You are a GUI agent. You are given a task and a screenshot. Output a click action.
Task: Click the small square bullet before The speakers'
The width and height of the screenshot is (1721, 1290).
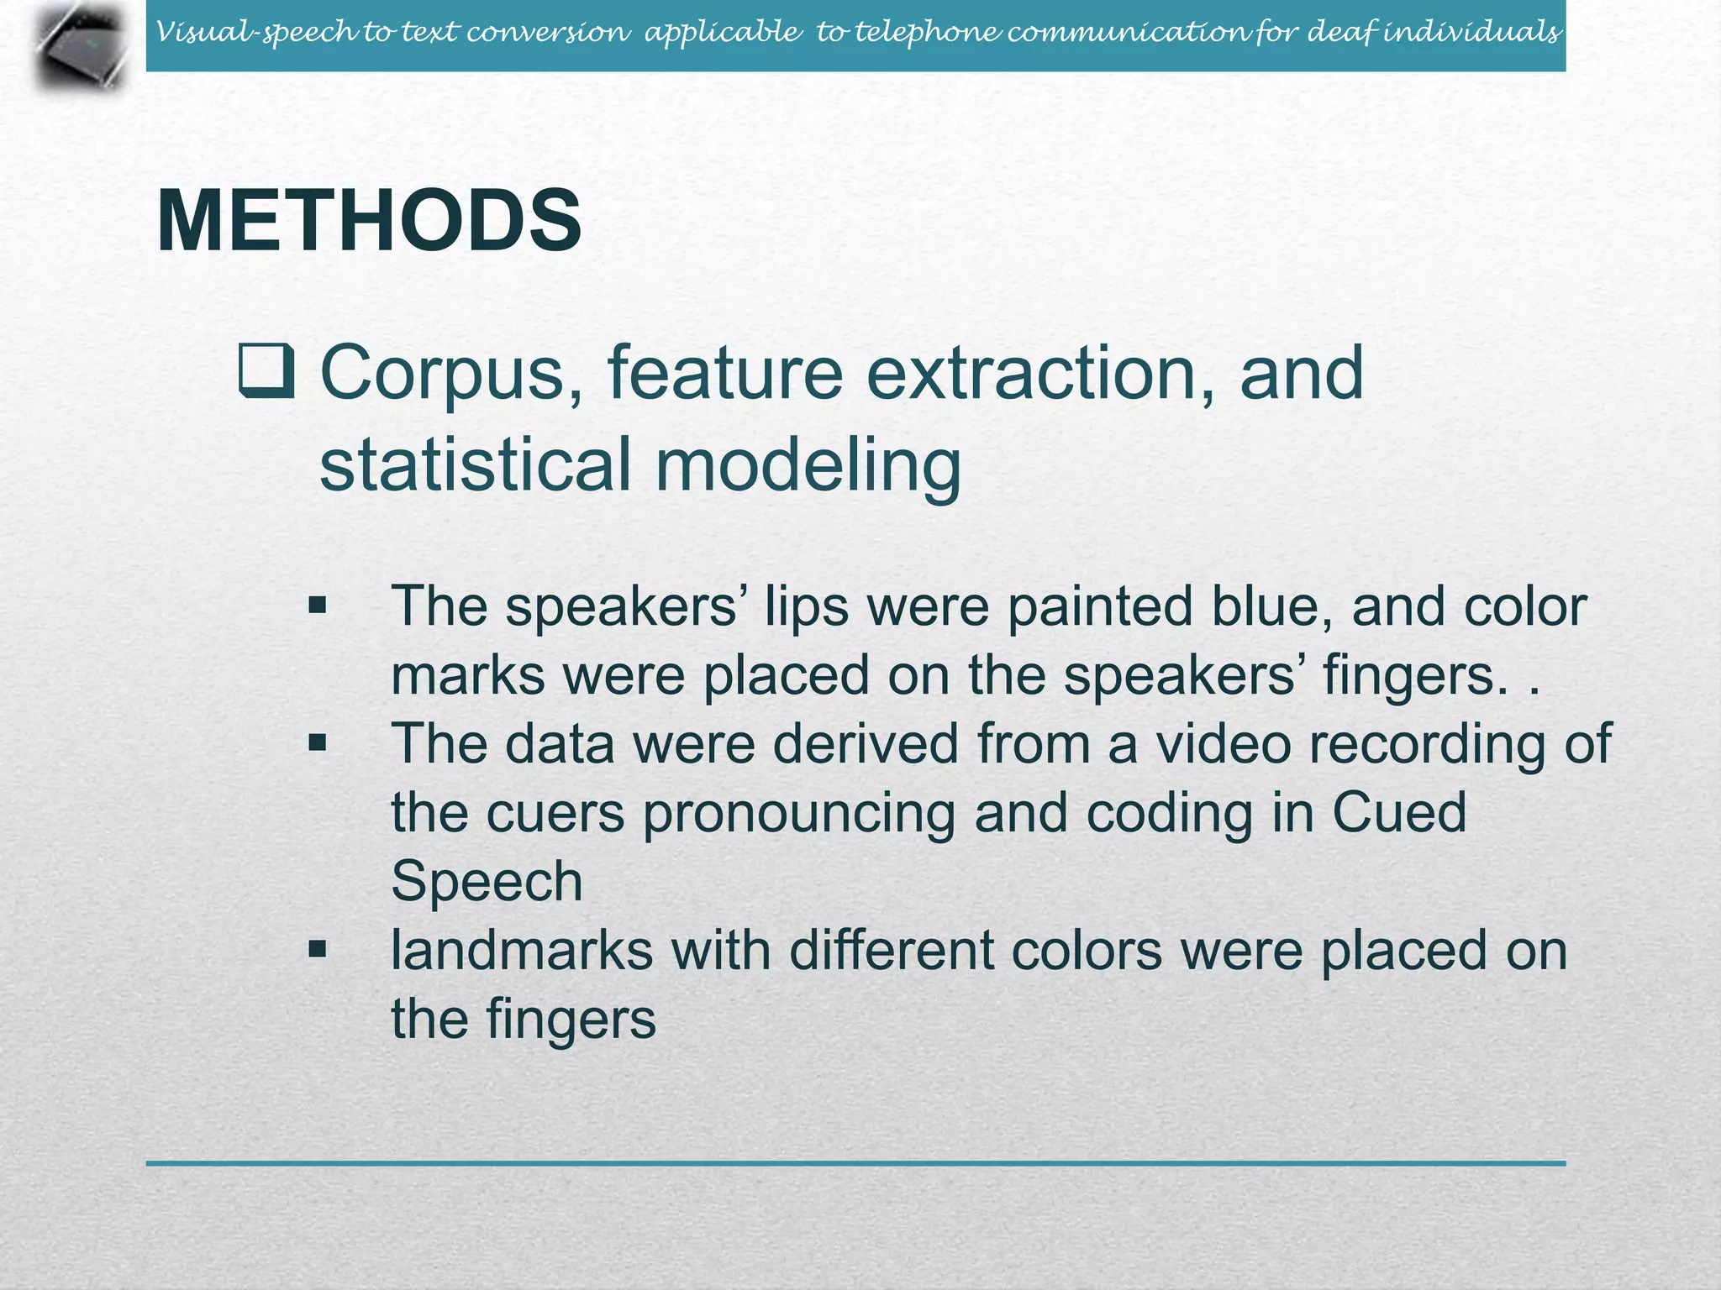click(317, 606)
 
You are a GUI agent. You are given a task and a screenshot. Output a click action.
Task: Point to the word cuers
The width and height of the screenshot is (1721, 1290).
click(555, 814)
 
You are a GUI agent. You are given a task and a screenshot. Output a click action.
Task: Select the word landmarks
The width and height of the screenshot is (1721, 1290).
click(522, 951)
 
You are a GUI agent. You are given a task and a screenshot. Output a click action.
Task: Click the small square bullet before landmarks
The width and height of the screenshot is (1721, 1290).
click(317, 950)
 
